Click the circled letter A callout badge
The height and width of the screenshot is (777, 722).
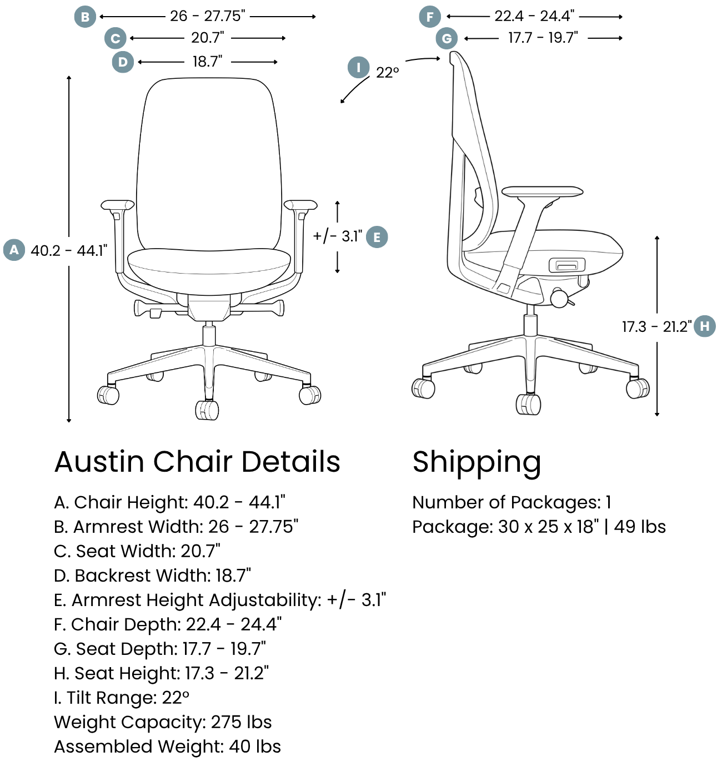[14, 250]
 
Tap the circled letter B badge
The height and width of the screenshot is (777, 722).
[85, 17]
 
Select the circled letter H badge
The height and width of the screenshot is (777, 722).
[705, 326]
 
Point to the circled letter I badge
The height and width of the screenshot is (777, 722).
[359, 68]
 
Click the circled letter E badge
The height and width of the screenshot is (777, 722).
[377, 237]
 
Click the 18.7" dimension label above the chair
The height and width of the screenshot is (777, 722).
[207, 62]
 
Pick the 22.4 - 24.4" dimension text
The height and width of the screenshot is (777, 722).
[534, 16]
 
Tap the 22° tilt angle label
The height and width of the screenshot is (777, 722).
[388, 73]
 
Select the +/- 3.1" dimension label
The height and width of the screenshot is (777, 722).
[337, 236]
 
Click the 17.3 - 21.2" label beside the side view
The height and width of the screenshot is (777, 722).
[656, 326]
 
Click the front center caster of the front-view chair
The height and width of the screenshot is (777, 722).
[207, 410]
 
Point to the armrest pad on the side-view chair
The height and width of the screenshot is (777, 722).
[542, 191]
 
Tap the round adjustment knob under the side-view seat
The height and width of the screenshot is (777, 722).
[559, 298]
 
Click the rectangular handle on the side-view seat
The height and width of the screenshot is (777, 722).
[566, 265]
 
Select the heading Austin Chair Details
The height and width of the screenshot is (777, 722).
[197, 462]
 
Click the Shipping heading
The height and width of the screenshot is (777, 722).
[477, 462]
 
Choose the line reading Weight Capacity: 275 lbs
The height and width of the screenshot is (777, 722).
[163, 722]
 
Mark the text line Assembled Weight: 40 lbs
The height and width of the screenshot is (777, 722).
[167, 746]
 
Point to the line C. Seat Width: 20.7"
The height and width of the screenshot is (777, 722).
[137, 551]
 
